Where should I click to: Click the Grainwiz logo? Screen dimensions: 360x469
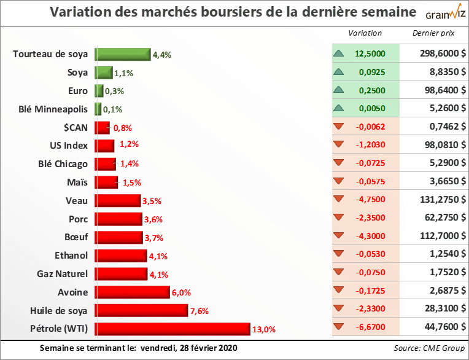click(440, 12)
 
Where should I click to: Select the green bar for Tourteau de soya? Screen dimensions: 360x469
click(123, 54)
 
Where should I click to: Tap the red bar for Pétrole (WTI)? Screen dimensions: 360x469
click(172, 329)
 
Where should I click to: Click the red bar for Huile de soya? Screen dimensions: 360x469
click(141, 310)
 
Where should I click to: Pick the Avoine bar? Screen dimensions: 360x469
click(132, 292)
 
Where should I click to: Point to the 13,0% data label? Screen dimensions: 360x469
click(264, 329)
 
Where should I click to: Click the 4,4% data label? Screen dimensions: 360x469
click(162, 55)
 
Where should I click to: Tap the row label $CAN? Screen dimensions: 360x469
click(75, 127)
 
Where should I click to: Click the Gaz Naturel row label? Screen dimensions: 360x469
click(63, 273)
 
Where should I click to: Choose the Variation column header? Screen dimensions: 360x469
click(365, 33)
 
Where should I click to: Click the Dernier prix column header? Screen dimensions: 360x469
click(434, 33)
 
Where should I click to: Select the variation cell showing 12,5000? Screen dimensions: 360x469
click(370, 53)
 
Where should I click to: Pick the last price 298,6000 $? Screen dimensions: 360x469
click(434, 53)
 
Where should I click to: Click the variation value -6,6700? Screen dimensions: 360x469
click(371, 328)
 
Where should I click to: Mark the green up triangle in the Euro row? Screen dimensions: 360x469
click(338, 90)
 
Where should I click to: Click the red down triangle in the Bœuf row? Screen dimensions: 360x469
click(338, 237)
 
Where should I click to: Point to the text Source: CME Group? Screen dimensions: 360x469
click(429, 348)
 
